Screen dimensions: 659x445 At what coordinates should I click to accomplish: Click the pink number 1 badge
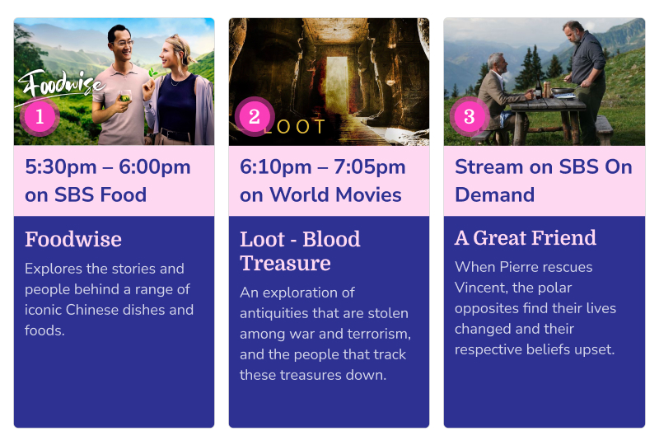40,117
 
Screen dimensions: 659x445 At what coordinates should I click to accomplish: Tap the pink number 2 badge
255,116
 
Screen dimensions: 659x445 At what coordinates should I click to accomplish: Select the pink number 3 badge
469,116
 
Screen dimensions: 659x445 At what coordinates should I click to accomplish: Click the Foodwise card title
73,239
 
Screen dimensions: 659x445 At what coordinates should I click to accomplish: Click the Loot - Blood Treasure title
300,251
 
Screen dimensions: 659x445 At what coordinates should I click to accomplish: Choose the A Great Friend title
526,237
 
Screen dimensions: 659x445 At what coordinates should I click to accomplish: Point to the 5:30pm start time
61,167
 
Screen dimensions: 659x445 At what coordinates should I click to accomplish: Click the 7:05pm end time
369,167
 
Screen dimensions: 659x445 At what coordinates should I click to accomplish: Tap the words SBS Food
100,194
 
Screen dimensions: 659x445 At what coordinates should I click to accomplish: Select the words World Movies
335,194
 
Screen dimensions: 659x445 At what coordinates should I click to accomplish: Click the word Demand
495,194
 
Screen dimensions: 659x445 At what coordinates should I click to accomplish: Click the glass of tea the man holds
125,96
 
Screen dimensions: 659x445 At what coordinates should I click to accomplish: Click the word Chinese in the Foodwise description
93,310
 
